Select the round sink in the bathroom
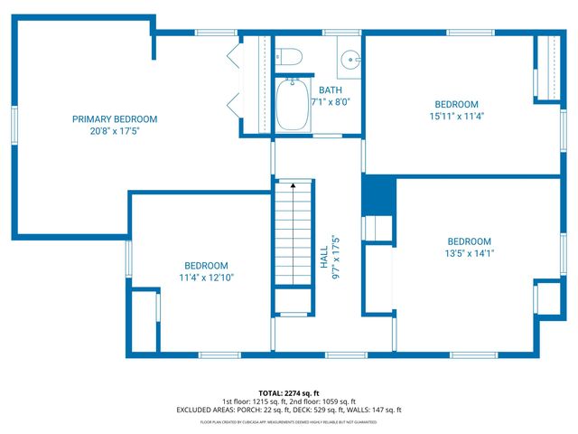tap(350, 59)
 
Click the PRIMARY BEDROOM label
tap(115, 119)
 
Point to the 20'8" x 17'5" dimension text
tap(115, 131)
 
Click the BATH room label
tap(330, 90)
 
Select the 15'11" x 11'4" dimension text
tap(456, 116)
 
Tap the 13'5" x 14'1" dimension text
tap(469, 253)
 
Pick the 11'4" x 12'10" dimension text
tap(207, 278)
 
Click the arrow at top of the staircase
tap(293, 185)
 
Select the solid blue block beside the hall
tap(378, 194)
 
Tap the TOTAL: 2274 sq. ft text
tap(289, 393)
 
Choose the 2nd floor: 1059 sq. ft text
tap(322, 401)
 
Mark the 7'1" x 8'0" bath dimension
tap(330, 101)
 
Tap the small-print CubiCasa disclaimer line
tap(289, 421)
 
